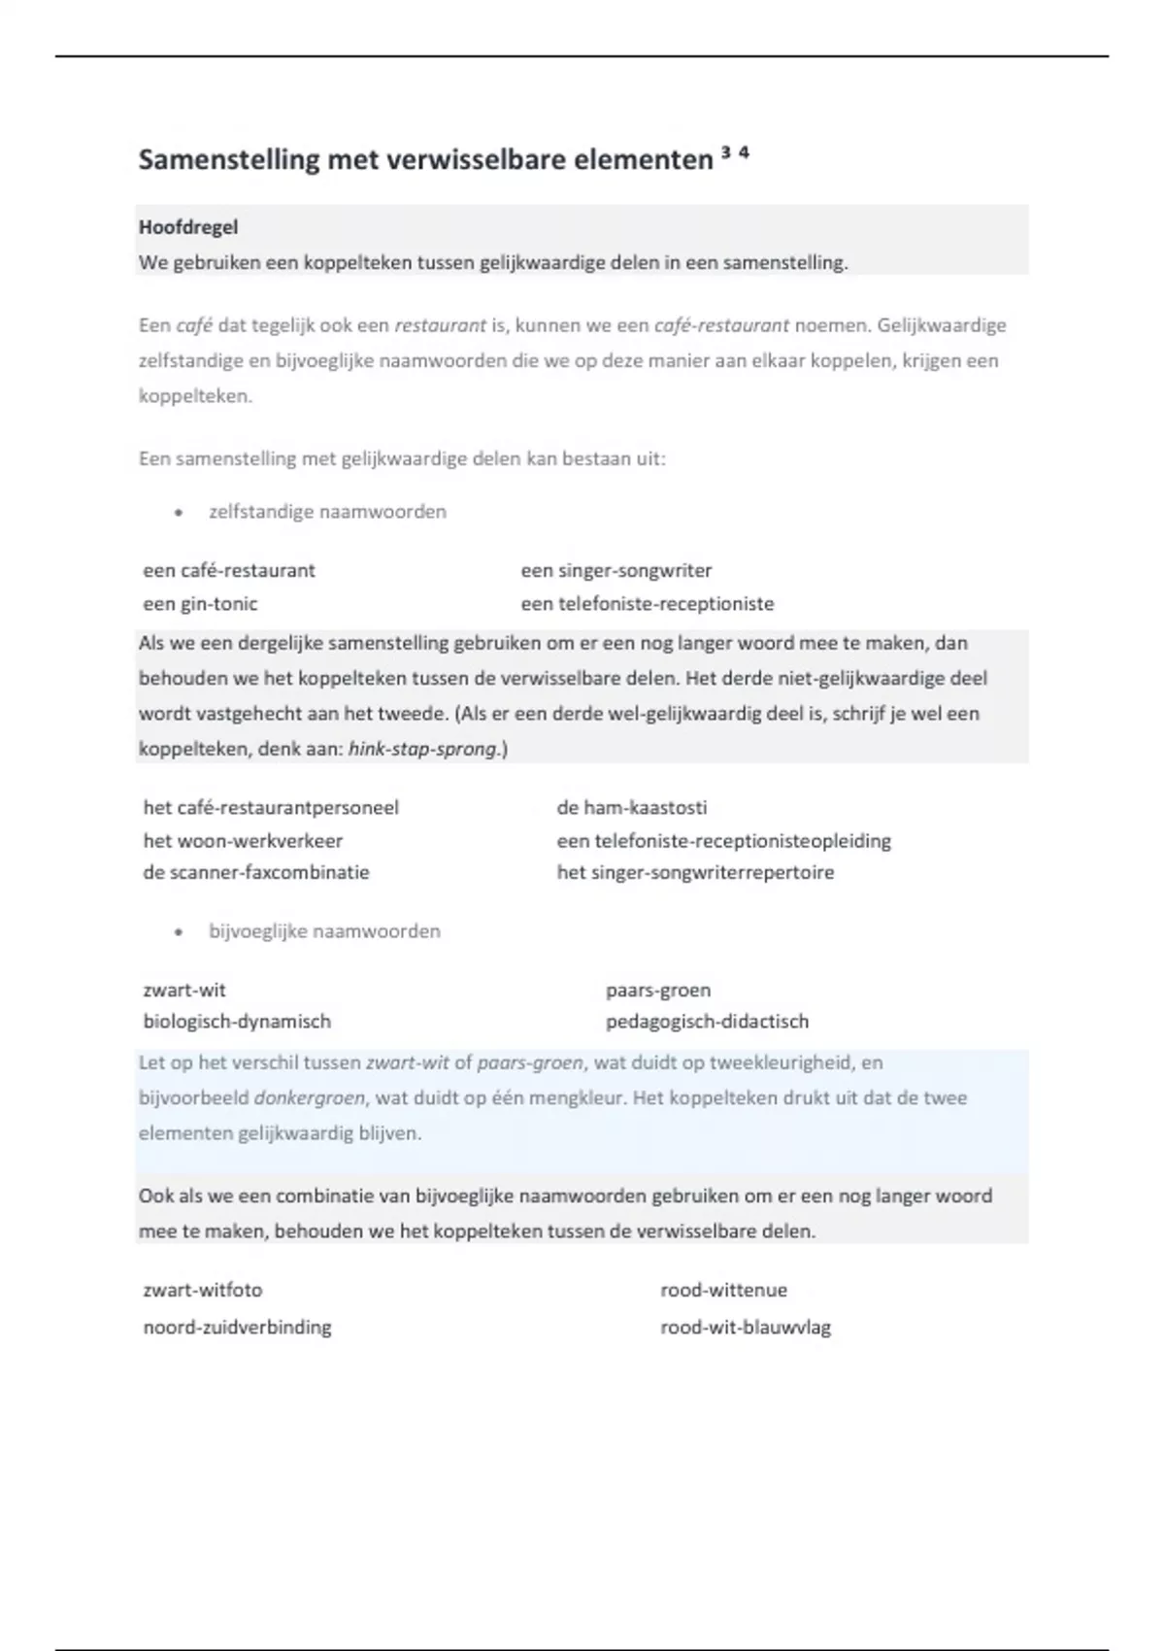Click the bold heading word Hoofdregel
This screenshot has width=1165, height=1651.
(188, 227)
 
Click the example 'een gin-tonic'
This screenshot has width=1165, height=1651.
(200, 604)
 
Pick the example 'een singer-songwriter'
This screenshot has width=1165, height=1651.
(616, 571)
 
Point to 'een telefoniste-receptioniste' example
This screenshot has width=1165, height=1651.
(648, 604)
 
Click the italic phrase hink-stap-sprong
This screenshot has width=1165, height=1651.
(422, 750)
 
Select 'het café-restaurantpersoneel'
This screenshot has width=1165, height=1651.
(271, 808)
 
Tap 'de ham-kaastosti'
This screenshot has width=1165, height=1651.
(632, 808)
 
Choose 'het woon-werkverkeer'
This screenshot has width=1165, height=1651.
(243, 841)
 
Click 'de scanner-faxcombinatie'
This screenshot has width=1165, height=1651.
(256, 872)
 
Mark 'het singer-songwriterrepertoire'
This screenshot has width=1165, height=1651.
(695, 872)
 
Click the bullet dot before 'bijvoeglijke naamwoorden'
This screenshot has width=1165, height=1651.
(179, 932)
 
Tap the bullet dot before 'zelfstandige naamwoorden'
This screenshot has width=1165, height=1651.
(179, 513)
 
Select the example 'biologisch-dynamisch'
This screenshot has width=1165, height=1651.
(237, 1022)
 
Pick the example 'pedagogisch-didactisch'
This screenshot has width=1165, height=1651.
(707, 1022)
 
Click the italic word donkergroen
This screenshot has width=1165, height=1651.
(310, 1098)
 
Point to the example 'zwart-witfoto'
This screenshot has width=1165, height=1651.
(203, 1291)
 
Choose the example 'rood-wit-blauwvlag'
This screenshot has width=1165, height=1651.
(746, 1328)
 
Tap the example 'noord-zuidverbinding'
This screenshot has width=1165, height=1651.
(237, 1328)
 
